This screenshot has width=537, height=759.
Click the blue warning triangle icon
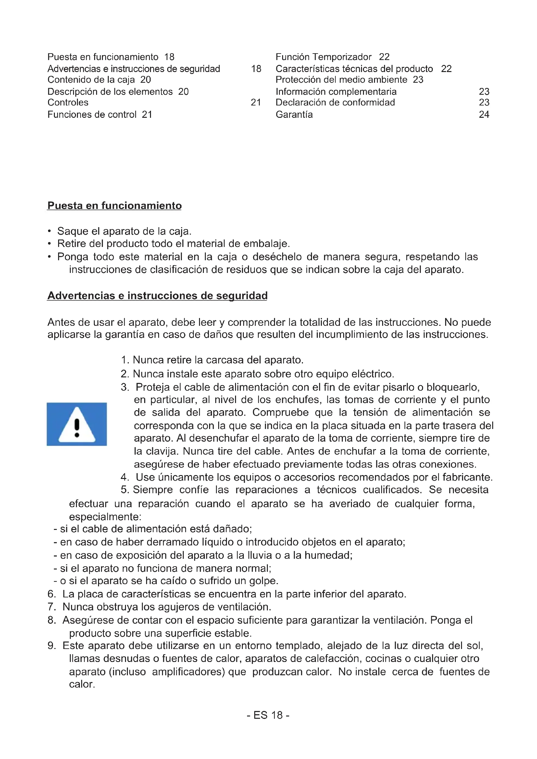click(77, 424)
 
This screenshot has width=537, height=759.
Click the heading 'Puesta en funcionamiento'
click(114, 206)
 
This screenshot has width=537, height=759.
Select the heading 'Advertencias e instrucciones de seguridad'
click(157, 296)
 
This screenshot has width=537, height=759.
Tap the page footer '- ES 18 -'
click(268, 715)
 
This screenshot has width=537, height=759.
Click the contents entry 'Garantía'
click(294, 115)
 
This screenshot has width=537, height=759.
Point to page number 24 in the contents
click(484, 115)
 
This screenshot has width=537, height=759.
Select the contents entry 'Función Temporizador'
click(323, 57)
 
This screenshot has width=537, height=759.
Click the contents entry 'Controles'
click(68, 103)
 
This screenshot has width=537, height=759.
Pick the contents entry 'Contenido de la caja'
click(91, 80)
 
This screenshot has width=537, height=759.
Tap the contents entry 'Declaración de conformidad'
click(335, 103)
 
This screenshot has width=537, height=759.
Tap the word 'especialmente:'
click(105, 517)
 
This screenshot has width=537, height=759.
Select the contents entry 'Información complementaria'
click(336, 92)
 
